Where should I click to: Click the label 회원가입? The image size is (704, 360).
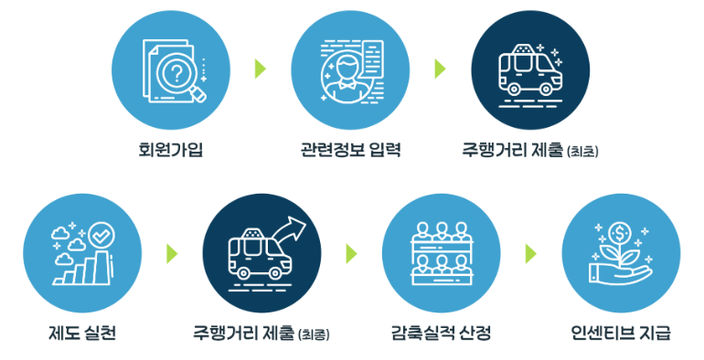[x=171, y=148]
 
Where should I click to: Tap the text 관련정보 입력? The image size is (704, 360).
[x=350, y=148]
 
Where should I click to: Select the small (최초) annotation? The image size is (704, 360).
[x=582, y=150]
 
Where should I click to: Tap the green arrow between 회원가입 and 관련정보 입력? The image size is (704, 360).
[x=261, y=69]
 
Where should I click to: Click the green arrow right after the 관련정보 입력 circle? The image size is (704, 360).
[x=440, y=69]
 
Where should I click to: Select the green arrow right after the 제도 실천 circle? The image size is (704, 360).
[x=171, y=252]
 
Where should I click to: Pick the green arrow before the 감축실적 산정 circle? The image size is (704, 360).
[x=351, y=252]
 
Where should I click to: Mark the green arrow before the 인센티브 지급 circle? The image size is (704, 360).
[x=530, y=252]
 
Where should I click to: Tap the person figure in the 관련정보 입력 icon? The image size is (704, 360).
[x=340, y=73]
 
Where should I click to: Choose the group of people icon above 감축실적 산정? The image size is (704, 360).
[x=440, y=252]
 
